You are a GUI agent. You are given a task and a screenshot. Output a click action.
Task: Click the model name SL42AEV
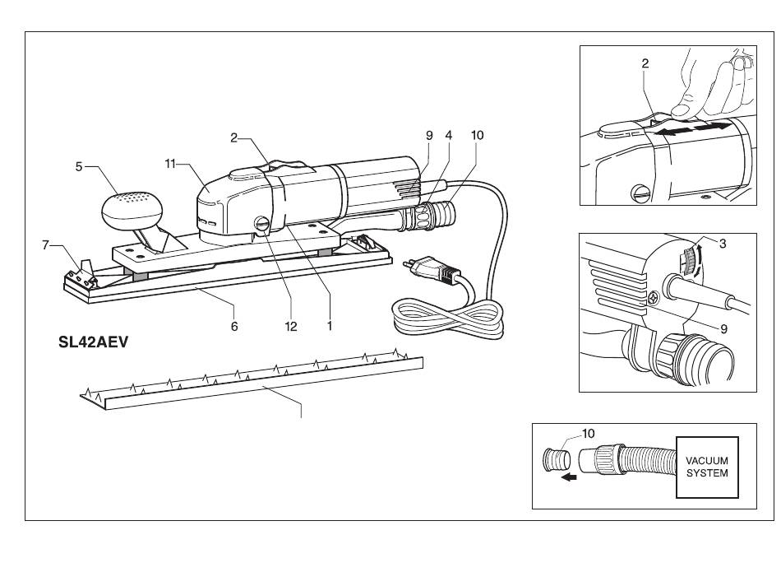(x=93, y=342)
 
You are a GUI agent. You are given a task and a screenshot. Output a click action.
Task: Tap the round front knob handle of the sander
(x=132, y=210)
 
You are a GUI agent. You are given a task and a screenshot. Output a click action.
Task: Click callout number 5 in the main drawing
(x=79, y=166)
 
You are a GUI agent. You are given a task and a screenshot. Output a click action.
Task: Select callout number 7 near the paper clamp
(x=45, y=245)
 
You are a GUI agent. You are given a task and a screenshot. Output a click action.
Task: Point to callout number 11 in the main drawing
(x=170, y=164)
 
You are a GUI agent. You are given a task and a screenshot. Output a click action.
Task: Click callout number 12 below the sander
(x=291, y=327)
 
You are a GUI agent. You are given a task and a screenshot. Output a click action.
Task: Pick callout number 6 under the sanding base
(x=234, y=326)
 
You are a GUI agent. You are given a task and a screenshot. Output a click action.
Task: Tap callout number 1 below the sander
(x=329, y=326)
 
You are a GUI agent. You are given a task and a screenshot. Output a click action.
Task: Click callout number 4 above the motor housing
(x=449, y=135)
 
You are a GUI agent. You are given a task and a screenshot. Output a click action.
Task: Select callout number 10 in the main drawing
(x=477, y=135)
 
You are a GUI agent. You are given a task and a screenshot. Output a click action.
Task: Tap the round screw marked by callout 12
(x=261, y=223)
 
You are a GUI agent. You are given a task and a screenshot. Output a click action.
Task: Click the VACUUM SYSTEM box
(x=707, y=467)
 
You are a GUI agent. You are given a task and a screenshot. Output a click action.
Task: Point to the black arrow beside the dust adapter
(x=569, y=477)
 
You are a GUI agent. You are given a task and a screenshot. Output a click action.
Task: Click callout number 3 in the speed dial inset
(x=723, y=244)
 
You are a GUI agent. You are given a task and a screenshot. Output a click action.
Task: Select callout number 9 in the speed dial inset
(x=723, y=329)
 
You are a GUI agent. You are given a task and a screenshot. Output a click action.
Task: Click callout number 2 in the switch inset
(x=645, y=63)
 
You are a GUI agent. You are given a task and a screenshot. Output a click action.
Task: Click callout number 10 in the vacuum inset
(x=589, y=434)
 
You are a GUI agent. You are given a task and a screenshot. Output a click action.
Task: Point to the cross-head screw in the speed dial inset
(x=654, y=298)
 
